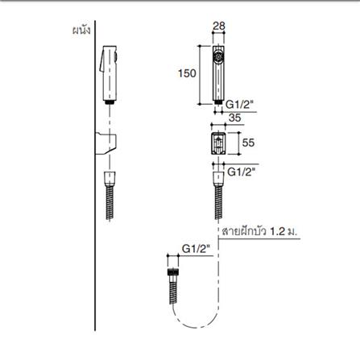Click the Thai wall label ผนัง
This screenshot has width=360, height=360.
(x=81, y=31)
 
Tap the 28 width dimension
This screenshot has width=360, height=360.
(x=219, y=26)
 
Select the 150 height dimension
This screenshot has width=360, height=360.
(x=187, y=73)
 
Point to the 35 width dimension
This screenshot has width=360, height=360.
(x=234, y=118)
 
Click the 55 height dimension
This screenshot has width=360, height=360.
(x=248, y=143)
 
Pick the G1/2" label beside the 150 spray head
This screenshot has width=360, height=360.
(x=239, y=104)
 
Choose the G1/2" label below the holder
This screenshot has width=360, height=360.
(x=241, y=172)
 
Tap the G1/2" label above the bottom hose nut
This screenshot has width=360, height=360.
(x=196, y=249)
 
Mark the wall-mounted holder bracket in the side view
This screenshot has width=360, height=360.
(x=106, y=143)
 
